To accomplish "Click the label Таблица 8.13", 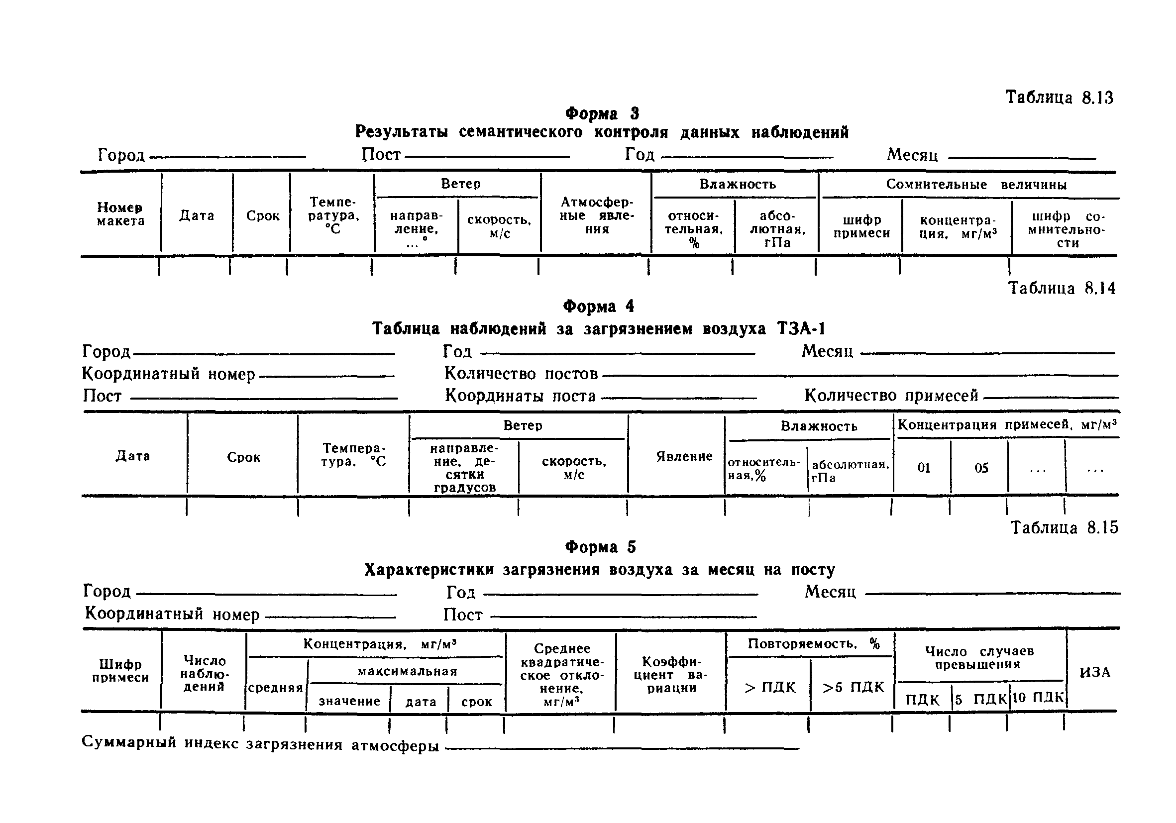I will [x=1059, y=98].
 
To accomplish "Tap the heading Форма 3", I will [x=602, y=113].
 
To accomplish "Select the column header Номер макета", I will [x=120, y=214].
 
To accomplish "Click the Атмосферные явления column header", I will [x=597, y=215].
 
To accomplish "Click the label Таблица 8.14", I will [x=1061, y=288].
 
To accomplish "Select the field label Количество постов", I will [x=521, y=374].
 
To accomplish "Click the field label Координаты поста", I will [x=520, y=396].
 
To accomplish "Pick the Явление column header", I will [x=684, y=456].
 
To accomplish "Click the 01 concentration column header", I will [x=924, y=468].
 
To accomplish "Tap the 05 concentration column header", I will [x=981, y=468].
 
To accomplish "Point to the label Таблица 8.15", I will [x=1064, y=527].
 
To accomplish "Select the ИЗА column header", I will [x=1095, y=672].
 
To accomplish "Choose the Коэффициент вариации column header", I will [x=671, y=675].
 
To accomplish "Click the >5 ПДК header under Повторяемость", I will [x=854, y=687].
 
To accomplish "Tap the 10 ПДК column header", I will [x=1038, y=698].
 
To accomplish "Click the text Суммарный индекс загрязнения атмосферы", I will [x=260, y=744].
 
